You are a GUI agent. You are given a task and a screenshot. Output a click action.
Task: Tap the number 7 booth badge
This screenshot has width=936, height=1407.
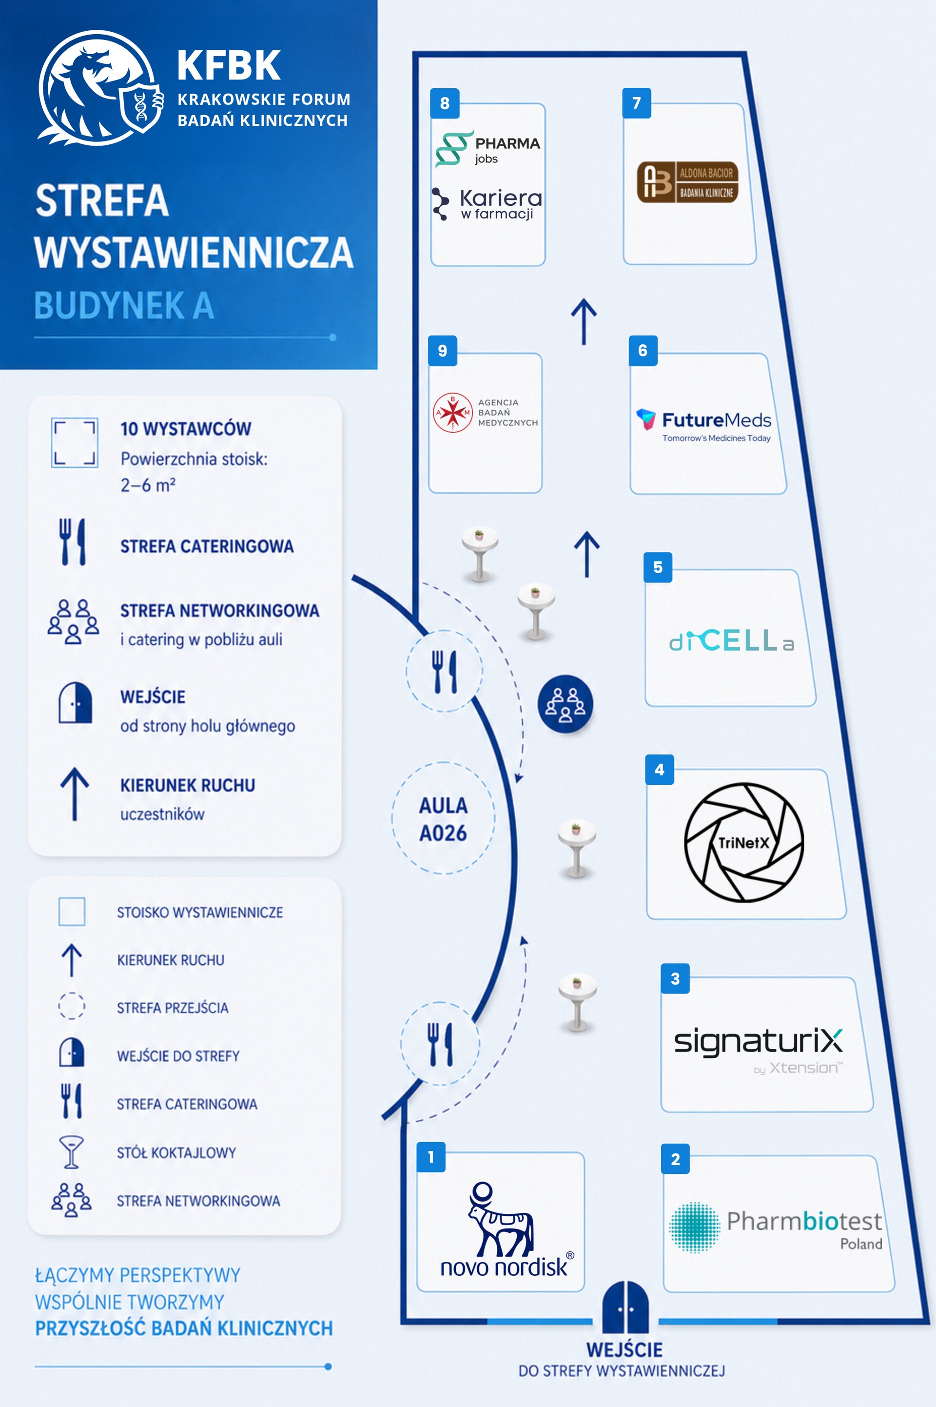(636, 103)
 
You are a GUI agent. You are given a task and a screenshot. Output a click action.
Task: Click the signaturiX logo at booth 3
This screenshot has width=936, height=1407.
(758, 1050)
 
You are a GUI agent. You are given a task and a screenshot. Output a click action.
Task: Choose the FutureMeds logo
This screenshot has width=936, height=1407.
(704, 425)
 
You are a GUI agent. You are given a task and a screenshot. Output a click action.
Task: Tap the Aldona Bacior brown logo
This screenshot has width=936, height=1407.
(688, 181)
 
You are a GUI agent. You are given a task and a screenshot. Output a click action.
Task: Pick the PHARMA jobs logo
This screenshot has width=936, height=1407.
(487, 149)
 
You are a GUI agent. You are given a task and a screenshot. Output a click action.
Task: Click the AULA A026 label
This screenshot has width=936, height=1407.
(443, 819)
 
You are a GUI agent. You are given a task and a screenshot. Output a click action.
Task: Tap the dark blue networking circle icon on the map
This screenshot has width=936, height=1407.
(565, 703)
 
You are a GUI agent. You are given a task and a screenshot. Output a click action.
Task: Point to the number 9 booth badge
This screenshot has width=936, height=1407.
(442, 350)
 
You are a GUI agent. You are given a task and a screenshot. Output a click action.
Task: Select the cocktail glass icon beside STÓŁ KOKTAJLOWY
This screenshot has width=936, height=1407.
(71, 1152)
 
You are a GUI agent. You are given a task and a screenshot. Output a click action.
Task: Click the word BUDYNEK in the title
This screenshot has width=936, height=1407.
(109, 305)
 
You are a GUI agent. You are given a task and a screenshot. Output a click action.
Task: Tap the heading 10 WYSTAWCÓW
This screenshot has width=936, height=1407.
(186, 429)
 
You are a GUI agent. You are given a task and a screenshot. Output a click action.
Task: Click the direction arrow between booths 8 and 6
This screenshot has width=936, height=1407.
(584, 322)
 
